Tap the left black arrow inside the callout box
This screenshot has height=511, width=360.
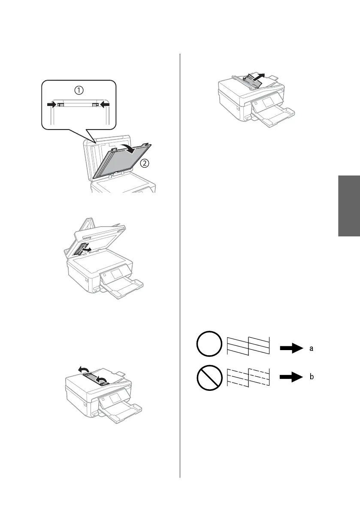pyautogui.click(x=52, y=104)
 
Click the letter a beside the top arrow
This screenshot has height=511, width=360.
pyautogui.click(x=312, y=349)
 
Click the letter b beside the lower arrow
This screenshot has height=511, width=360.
pyautogui.click(x=312, y=377)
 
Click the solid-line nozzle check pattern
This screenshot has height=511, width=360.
pyautogui.click(x=248, y=345)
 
